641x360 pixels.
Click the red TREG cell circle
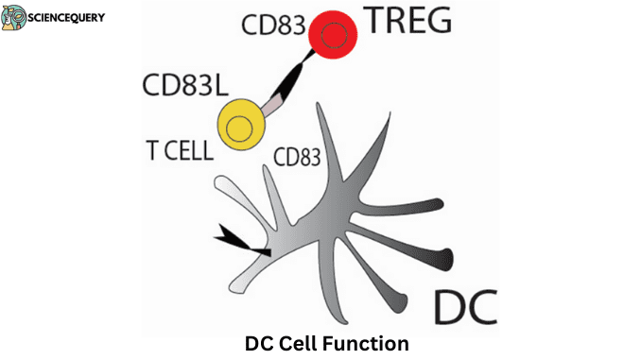(x=333, y=36)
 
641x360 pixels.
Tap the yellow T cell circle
(x=242, y=124)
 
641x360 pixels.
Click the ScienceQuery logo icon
(x=17, y=18)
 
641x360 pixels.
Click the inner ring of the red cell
(x=333, y=36)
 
